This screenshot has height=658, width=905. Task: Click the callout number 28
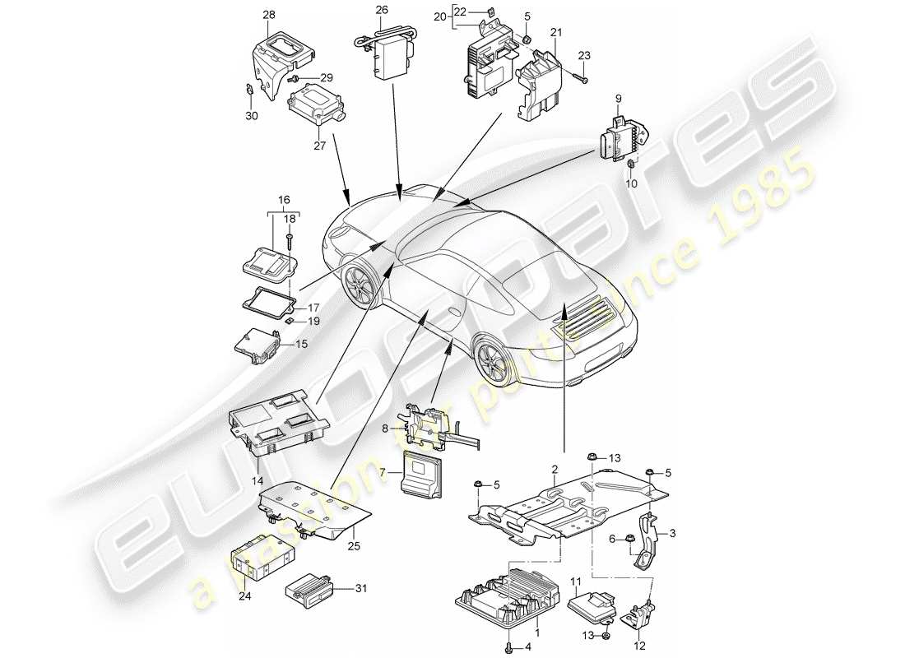click(x=270, y=15)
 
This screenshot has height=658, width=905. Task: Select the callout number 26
click(x=381, y=10)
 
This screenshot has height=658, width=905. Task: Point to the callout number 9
click(x=619, y=100)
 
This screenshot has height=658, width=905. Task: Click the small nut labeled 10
click(x=631, y=167)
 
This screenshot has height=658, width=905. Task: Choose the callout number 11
click(x=576, y=581)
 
